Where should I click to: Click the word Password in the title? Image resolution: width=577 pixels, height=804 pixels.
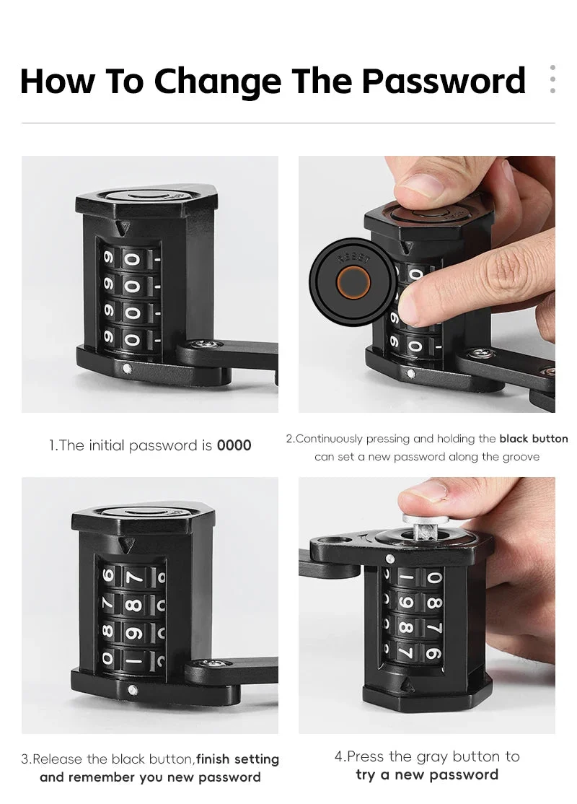[x=444, y=81]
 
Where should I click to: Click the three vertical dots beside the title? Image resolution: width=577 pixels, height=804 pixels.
[x=552, y=79]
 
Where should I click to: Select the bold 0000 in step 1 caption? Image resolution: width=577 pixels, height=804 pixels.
[x=234, y=445]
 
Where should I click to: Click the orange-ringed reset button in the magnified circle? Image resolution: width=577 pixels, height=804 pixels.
[x=353, y=281]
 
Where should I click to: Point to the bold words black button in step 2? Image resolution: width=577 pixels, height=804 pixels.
[x=534, y=439]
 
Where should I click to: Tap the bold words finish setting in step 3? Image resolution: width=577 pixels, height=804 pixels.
[x=238, y=759]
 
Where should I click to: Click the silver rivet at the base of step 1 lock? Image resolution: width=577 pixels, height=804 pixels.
[x=127, y=367]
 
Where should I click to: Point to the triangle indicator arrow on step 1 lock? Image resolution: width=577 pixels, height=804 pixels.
[x=122, y=229]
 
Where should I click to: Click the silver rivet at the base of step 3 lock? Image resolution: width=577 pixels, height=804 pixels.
[x=133, y=690]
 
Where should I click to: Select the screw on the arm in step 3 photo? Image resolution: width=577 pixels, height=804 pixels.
[x=211, y=664]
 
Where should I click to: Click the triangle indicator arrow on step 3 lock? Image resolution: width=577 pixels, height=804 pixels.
[x=125, y=546]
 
